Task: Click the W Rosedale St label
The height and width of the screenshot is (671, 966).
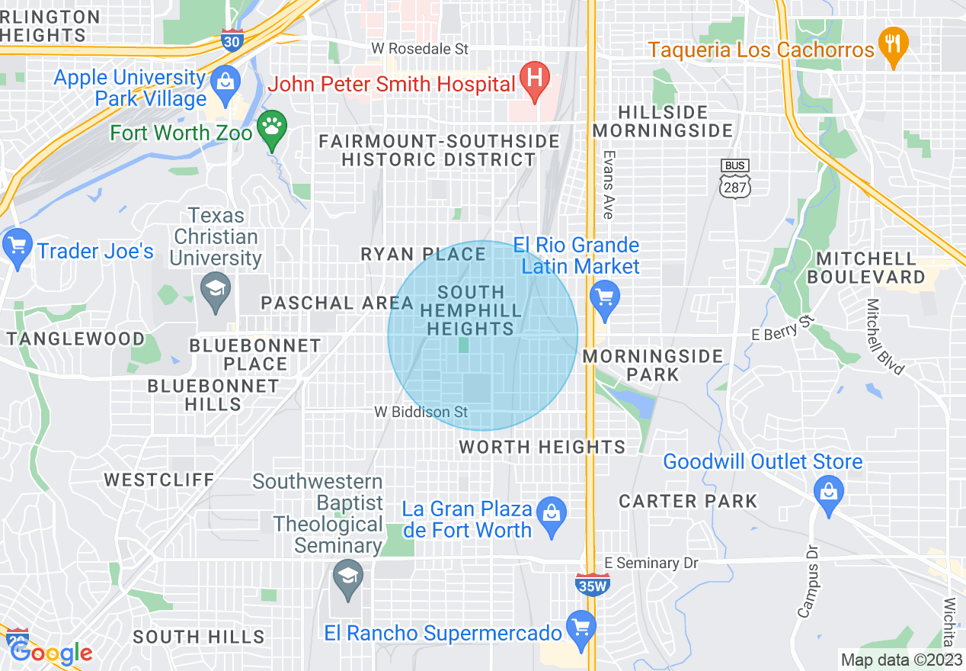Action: pos(419,49)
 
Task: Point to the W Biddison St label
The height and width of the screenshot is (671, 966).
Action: pos(421,412)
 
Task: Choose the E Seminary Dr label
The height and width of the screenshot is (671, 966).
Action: pos(651,563)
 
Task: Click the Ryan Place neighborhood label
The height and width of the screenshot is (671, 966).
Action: pos(424,254)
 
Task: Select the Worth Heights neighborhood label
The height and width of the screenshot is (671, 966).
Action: pos(542,447)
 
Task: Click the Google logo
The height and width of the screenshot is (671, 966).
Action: pos(50,653)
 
